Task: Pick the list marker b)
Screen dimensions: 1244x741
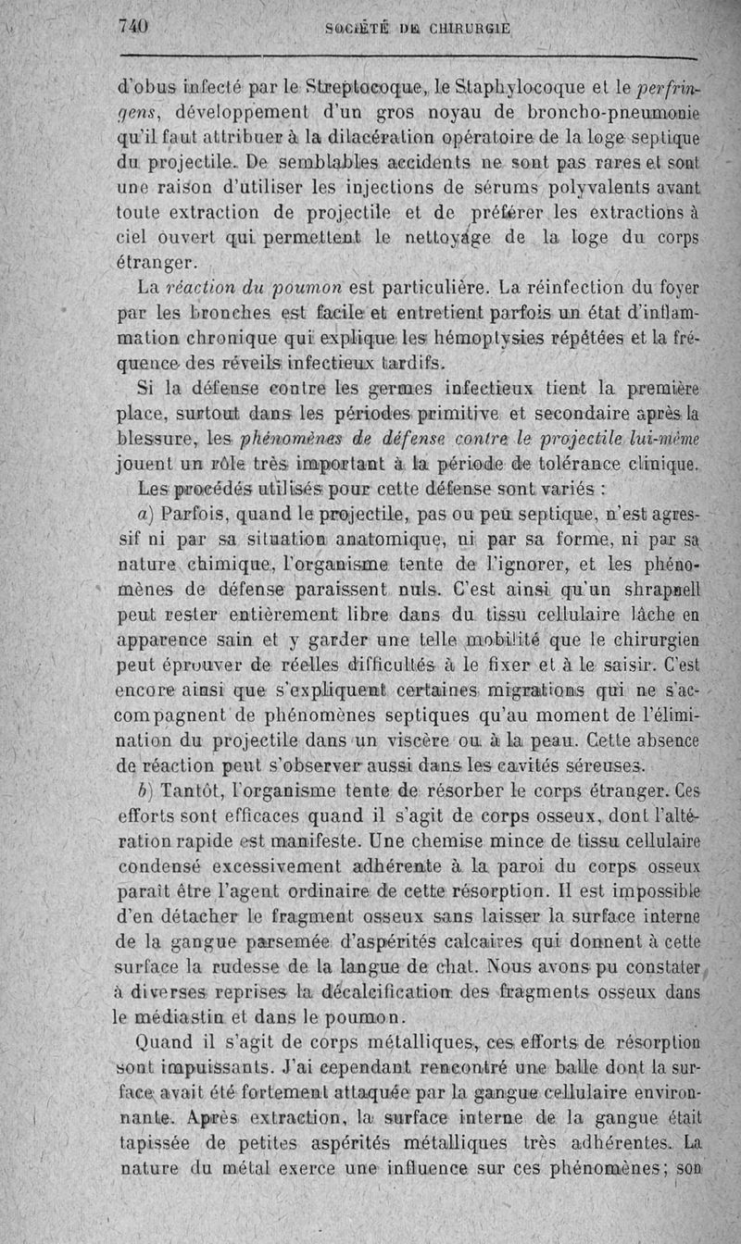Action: click(144, 792)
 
